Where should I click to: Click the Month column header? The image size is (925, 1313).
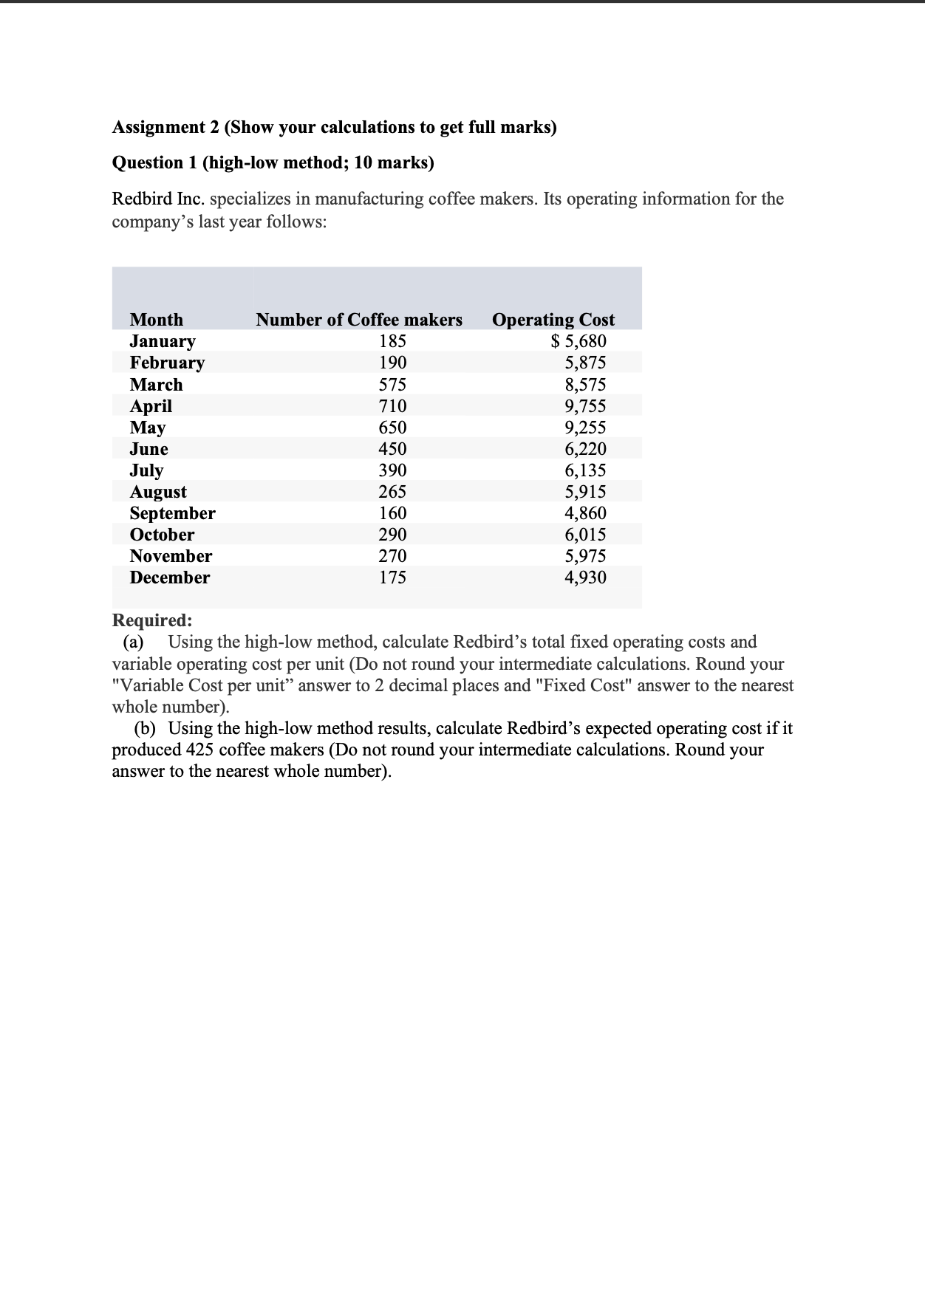[157, 320]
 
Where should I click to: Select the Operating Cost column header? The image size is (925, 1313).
[553, 320]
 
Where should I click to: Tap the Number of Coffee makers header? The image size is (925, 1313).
[359, 320]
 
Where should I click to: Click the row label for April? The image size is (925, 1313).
[151, 406]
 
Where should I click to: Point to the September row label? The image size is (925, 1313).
[172, 513]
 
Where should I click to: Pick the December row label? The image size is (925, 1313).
[169, 577]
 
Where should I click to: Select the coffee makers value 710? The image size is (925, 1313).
[392, 406]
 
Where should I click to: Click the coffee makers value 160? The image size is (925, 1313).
[392, 513]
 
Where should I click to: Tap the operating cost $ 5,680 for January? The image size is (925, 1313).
[579, 341]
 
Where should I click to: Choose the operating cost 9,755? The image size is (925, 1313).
[585, 406]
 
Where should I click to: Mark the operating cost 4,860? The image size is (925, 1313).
[585, 513]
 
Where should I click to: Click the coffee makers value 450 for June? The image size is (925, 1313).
[392, 449]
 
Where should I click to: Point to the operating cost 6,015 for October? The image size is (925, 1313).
[585, 535]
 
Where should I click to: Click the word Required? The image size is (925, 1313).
[151, 620]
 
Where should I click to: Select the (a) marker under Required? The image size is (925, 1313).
[133, 642]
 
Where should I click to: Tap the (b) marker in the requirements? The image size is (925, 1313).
[145, 728]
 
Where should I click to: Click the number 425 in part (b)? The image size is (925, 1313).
[199, 750]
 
